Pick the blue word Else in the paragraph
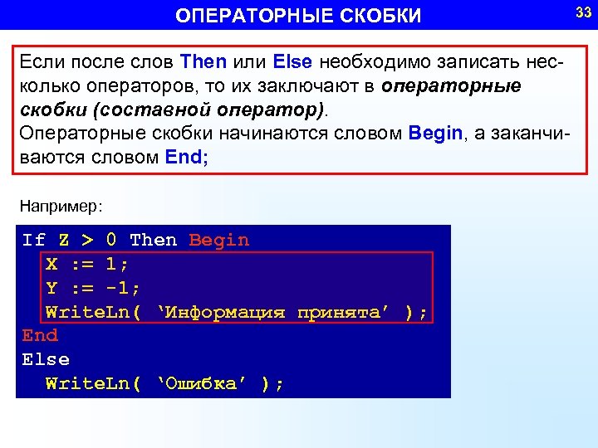(292, 61)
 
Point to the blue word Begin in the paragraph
(435, 134)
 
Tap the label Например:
(61, 203)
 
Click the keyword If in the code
(34, 241)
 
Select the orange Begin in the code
(219, 241)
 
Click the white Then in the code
(154, 241)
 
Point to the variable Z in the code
(64, 241)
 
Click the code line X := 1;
(87, 265)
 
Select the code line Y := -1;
(93, 289)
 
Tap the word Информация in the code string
(226, 313)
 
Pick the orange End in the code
(40, 336)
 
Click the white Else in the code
(46, 360)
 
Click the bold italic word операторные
(453, 85)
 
